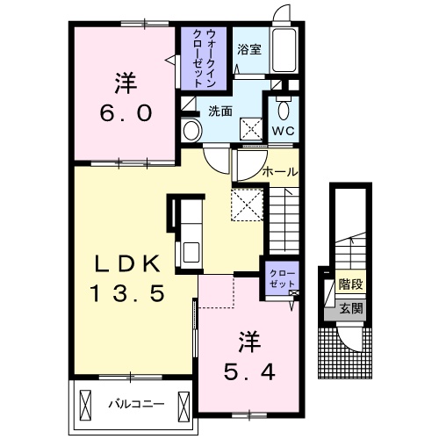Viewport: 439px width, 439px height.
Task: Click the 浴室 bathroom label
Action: (249, 49)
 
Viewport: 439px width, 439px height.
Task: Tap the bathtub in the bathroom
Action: (284, 50)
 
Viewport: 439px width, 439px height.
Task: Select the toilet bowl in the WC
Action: (284, 110)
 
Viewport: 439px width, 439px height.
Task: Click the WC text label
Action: (283, 131)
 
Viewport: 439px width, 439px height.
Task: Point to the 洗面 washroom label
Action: (220, 112)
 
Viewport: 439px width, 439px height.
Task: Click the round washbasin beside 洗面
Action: (191, 131)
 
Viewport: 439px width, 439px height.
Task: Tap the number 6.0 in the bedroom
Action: (126, 113)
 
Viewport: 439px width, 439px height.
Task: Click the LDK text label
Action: (127, 263)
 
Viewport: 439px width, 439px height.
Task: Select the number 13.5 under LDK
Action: (127, 293)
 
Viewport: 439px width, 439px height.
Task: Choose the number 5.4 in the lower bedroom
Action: (249, 372)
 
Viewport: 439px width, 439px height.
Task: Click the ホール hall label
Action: (280, 172)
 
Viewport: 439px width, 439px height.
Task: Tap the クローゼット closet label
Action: (282, 278)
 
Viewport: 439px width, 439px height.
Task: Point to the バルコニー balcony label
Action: (136, 405)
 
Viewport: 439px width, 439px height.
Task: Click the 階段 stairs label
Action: (351, 284)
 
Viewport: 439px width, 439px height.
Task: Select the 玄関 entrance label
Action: (351, 308)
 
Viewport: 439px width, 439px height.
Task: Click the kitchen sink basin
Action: (191, 253)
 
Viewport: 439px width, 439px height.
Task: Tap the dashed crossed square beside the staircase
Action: (247, 205)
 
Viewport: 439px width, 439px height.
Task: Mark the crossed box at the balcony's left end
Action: (85, 406)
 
